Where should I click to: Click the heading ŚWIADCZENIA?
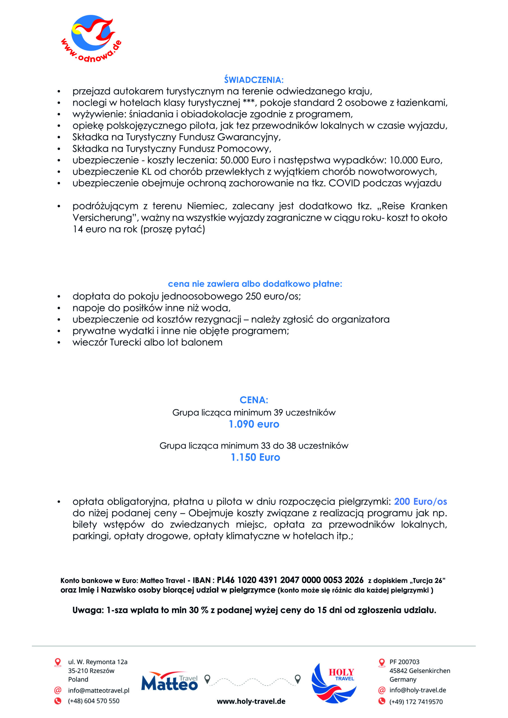(253, 80)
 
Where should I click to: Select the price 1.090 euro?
(254, 424)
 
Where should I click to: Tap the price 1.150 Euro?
(255, 457)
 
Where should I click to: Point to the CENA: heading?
(254, 400)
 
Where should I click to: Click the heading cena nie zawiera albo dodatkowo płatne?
(255, 284)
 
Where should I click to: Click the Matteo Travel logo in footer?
(170, 681)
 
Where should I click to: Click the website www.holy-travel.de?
(251, 701)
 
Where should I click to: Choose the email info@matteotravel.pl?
(99, 690)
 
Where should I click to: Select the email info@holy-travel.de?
(418, 690)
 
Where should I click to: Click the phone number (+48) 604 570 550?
(93, 701)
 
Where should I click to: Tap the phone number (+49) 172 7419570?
(416, 702)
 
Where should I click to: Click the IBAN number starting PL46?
(290, 580)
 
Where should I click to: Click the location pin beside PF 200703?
(381, 662)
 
